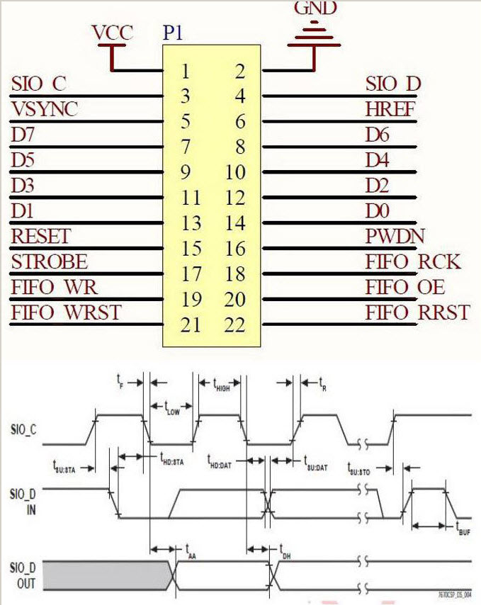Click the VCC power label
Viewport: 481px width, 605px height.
click(112, 33)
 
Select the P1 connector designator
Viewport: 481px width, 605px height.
click(175, 33)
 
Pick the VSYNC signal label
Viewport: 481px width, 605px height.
click(45, 109)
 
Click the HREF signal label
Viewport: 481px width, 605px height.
click(390, 109)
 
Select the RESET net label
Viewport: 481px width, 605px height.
click(41, 236)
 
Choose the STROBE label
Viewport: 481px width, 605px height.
click(50, 261)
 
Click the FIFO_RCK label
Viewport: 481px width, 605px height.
click(413, 261)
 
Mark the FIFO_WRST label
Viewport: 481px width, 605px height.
click(66, 312)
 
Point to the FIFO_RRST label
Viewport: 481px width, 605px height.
click(417, 312)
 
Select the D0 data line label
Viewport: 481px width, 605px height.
click(377, 211)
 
